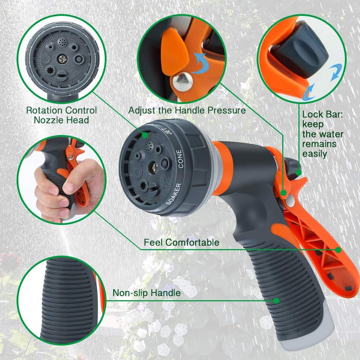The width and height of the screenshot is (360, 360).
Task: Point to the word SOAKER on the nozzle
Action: [174, 194]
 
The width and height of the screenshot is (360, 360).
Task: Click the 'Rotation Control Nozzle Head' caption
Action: [61, 115]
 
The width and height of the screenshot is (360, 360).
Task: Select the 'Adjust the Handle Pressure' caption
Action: [187, 110]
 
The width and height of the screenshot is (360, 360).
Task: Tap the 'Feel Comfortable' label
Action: [181, 242]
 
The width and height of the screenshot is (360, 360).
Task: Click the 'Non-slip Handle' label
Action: [147, 293]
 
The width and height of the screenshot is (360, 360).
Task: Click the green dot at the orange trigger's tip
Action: [338, 249]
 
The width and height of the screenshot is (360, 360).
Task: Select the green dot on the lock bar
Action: [298, 173]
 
